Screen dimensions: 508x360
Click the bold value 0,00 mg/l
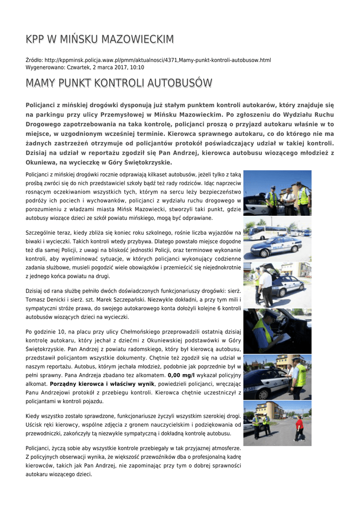click(x=181, y=375)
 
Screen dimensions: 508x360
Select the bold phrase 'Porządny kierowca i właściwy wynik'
click(x=102, y=384)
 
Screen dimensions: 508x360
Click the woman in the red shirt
click(x=299, y=428)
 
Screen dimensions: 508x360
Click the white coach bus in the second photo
click(x=268, y=232)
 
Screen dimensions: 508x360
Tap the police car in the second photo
click(x=276, y=246)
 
